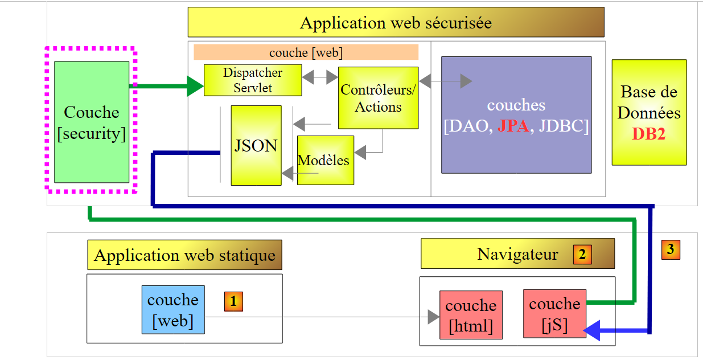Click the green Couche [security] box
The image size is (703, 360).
[x=92, y=122]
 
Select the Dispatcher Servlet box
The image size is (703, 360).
[x=252, y=80]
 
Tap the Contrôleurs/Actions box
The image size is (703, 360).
[x=378, y=98]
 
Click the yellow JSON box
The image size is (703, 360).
[x=256, y=145]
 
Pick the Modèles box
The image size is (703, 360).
[x=325, y=160]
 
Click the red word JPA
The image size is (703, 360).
[x=513, y=126]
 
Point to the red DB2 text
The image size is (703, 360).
[x=649, y=134]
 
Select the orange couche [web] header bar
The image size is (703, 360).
[x=306, y=52]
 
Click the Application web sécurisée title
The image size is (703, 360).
[x=396, y=23]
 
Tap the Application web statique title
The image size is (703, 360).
[x=184, y=255]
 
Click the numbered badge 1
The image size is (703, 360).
[x=233, y=301]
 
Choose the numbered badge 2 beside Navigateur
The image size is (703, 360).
[x=582, y=254]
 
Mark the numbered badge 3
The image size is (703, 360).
[x=671, y=249]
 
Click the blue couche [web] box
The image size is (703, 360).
[x=173, y=310]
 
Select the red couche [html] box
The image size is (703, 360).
[x=471, y=316]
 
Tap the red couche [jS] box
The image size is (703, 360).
[x=554, y=314]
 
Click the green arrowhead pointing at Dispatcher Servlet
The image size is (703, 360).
[x=195, y=86]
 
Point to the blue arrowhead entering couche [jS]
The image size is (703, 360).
[x=592, y=330]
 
